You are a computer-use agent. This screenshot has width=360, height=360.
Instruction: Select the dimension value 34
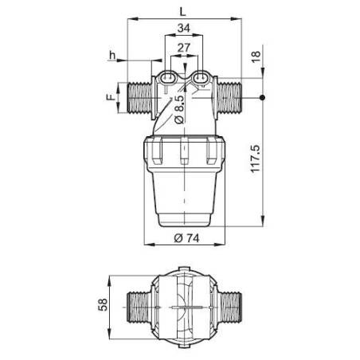pyautogui.click(x=183, y=29)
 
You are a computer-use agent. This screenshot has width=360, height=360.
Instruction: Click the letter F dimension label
pyautogui.click(x=111, y=99)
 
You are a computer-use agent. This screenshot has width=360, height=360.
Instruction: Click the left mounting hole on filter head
pyautogui.click(x=167, y=78)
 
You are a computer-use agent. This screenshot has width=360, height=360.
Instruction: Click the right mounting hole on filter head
pyautogui.click(x=201, y=78)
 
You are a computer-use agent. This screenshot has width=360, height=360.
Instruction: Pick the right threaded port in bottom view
pyautogui.click(x=233, y=307)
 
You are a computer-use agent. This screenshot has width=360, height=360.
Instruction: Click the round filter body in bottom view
pyautogui.click(x=184, y=307)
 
